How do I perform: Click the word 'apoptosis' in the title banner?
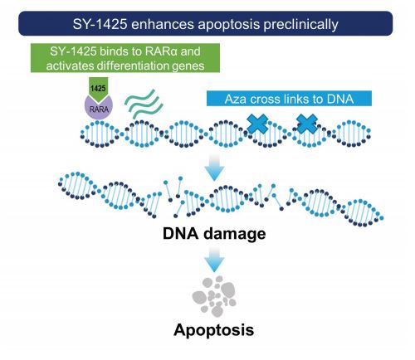pos(229,25)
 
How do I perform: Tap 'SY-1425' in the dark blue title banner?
pos(100,24)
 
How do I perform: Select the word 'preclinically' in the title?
pos(300,25)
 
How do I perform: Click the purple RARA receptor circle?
pos(99,107)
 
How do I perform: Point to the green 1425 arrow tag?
pos(99,89)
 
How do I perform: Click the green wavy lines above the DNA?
pos(144,104)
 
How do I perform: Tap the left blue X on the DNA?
pos(257,124)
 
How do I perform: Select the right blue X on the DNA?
pos(307,124)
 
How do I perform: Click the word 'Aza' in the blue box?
pos(236,99)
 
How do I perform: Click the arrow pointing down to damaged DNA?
pos(214,168)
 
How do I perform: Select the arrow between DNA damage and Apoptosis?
pos(214,260)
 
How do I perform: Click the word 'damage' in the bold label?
pos(235,234)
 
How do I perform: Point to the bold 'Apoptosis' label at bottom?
pos(214,329)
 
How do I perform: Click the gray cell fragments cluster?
pos(214,296)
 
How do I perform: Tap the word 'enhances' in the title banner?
pos(163,24)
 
